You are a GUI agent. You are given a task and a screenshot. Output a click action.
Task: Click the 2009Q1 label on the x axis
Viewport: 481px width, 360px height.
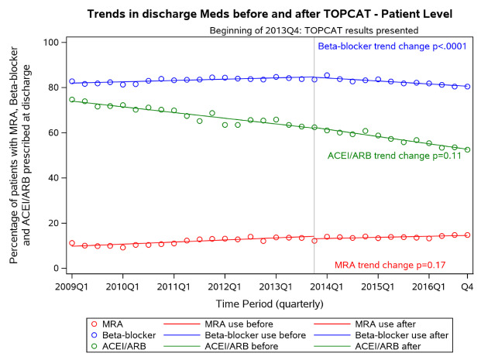tap(72, 286)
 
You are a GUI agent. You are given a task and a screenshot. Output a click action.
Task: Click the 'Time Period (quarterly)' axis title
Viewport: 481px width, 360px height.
tap(269, 302)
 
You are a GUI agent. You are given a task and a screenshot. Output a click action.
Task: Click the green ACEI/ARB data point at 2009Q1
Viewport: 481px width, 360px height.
tap(72, 99)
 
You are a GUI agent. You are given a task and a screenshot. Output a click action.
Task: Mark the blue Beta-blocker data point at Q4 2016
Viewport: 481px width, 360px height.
tap(468, 87)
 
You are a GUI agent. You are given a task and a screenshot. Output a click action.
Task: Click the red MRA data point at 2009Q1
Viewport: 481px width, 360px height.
tap(72, 243)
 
